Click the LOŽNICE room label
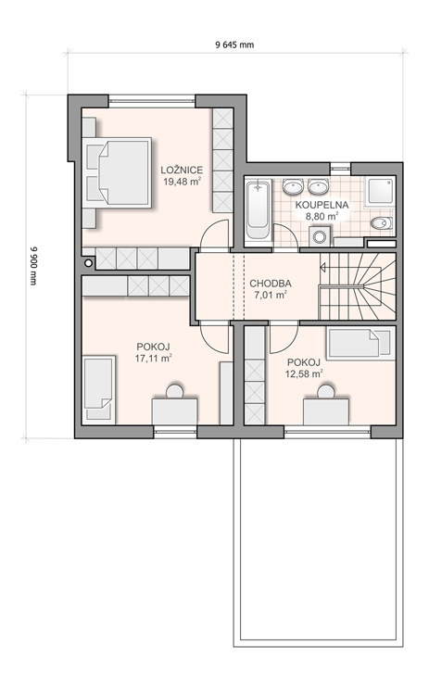click(182, 170)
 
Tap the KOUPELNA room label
click(322, 205)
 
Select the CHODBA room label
click(270, 284)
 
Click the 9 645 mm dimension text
click(234, 44)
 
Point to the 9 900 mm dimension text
click(33, 266)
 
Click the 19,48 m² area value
click(183, 181)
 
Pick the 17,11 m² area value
click(153, 358)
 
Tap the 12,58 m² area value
click(304, 373)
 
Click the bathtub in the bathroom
click(258, 211)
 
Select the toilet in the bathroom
click(381, 223)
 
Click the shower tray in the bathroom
click(378, 191)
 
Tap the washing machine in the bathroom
click(319, 235)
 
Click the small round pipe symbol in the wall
click(88, 263)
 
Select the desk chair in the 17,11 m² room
click(174, 391)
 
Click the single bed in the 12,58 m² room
click(360, 343)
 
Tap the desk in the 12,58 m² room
click(326, 411)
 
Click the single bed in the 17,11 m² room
click(99, 389)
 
